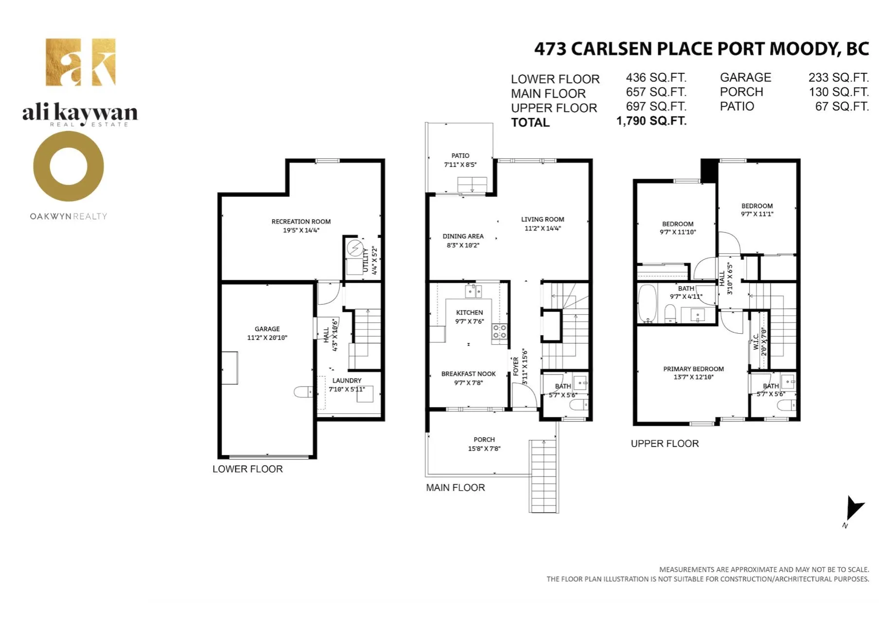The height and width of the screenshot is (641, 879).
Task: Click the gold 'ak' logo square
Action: pos(81,62)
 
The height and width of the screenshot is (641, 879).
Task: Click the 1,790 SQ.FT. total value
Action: pos(651,121)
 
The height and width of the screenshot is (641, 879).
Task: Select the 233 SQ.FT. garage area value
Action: pos(838,78)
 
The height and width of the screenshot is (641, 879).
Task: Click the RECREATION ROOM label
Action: pos(301,222)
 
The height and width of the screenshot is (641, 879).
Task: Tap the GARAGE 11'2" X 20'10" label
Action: pos(267,333)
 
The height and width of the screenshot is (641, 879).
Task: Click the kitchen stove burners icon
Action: pos(499,332)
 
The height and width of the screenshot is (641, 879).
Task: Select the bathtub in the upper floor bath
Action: pos(647,304)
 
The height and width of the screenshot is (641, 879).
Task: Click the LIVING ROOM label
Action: pos(543,219)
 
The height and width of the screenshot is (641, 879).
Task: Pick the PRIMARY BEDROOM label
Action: pos(693,369)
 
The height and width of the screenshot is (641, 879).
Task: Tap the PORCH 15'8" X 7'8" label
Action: pos(484,444)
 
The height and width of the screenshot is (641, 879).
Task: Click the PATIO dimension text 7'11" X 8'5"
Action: pos(460,165)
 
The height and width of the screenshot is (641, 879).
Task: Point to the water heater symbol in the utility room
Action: pos(354,249)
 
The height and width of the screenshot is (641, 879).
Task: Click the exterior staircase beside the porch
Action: pos(544,477)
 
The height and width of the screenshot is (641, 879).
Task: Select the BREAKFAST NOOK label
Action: pos(468,374)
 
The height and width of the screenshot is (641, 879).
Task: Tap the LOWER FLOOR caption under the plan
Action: pos(247,469)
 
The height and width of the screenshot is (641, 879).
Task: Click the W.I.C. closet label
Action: pos(756,341)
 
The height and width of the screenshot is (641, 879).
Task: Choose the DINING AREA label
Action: pos(463,236)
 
